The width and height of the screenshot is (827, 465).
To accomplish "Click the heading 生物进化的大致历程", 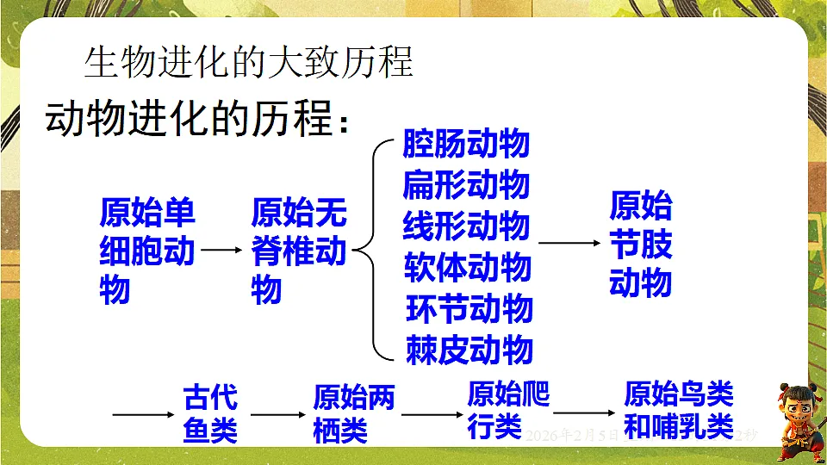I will (249, 63).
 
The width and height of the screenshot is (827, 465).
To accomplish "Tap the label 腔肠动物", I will (466, 145).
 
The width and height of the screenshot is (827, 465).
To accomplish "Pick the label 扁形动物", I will (466, 185).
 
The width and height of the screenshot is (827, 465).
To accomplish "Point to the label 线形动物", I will (466, 226).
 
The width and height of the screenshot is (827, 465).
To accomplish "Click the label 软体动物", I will (468, 268).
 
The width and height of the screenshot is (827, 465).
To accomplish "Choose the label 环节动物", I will (469, 309).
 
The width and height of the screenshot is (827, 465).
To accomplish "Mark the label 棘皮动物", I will (469, 350).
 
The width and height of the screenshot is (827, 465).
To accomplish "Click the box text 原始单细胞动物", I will (147, 251).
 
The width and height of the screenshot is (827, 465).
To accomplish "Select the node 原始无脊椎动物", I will (298, 251).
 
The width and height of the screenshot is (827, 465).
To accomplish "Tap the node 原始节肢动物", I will (640, 245).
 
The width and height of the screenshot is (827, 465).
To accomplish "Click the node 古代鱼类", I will (210, 414).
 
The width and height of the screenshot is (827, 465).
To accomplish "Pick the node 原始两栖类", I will (353, 414).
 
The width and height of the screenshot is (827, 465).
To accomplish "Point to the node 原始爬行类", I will (508, 411).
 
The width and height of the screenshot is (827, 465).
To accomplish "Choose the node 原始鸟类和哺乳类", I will (679, 411).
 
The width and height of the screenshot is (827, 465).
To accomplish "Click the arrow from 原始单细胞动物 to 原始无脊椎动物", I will (223, 251).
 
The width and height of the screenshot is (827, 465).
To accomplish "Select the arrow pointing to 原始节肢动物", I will (569, 244).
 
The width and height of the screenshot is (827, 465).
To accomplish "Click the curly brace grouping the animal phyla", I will (370, 250).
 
